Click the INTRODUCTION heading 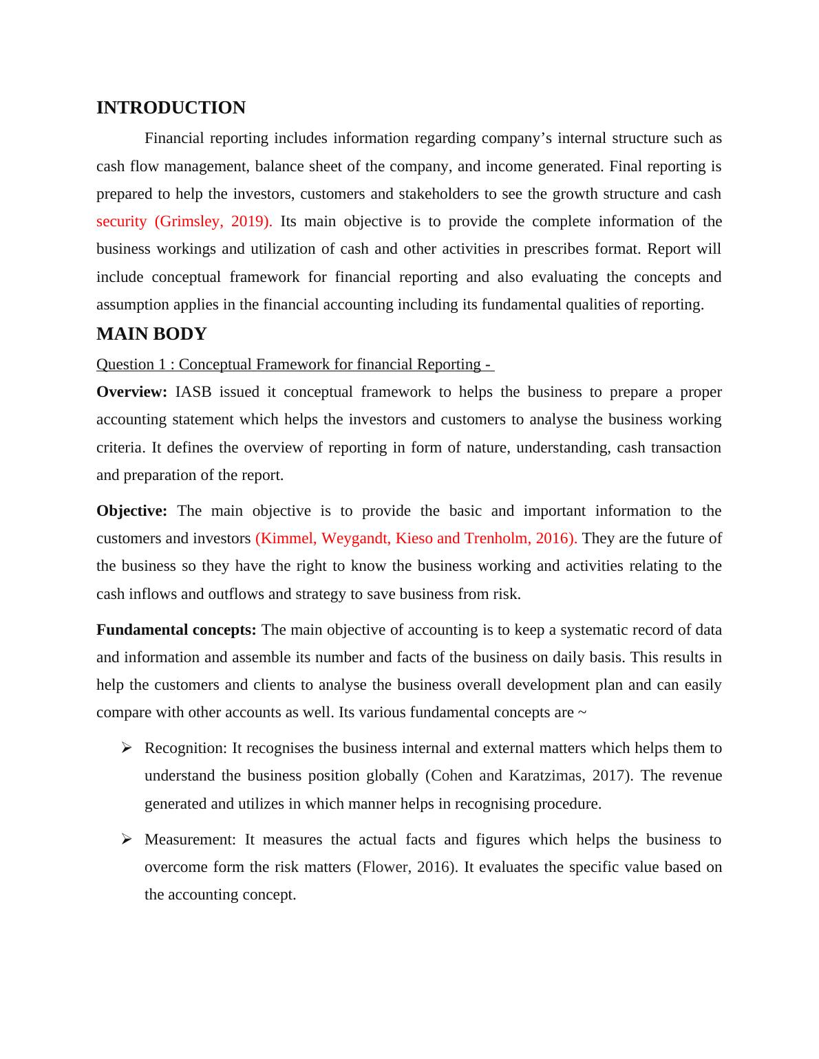click(171, 108)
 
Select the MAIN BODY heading click(151, 334)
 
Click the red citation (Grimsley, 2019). click(213, 221)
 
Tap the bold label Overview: click(131, 392)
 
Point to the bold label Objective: click(131, 511)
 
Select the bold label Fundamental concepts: click(176, 630)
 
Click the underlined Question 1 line click(295, 364)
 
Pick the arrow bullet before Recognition click(126, 748)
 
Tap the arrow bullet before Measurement click(126, 840)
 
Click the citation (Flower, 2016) click(407, 867)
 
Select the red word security click(121, 221)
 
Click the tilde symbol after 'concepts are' click(582, 712)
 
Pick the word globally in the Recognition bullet click(392, 776)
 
